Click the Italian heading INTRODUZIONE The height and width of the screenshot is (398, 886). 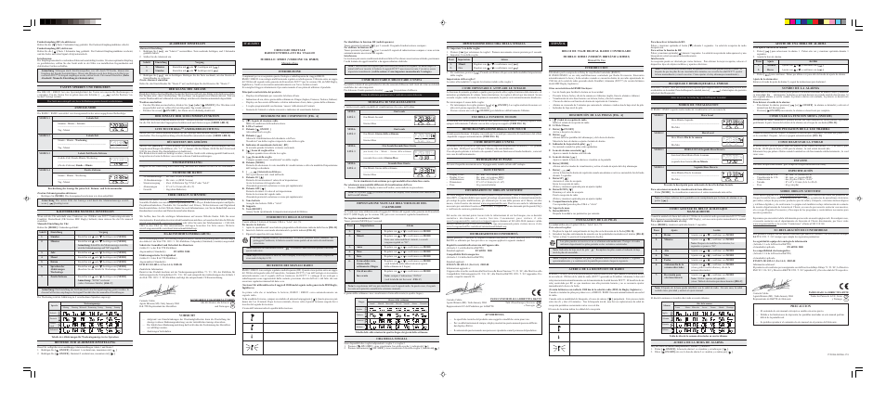click(298, 69)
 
